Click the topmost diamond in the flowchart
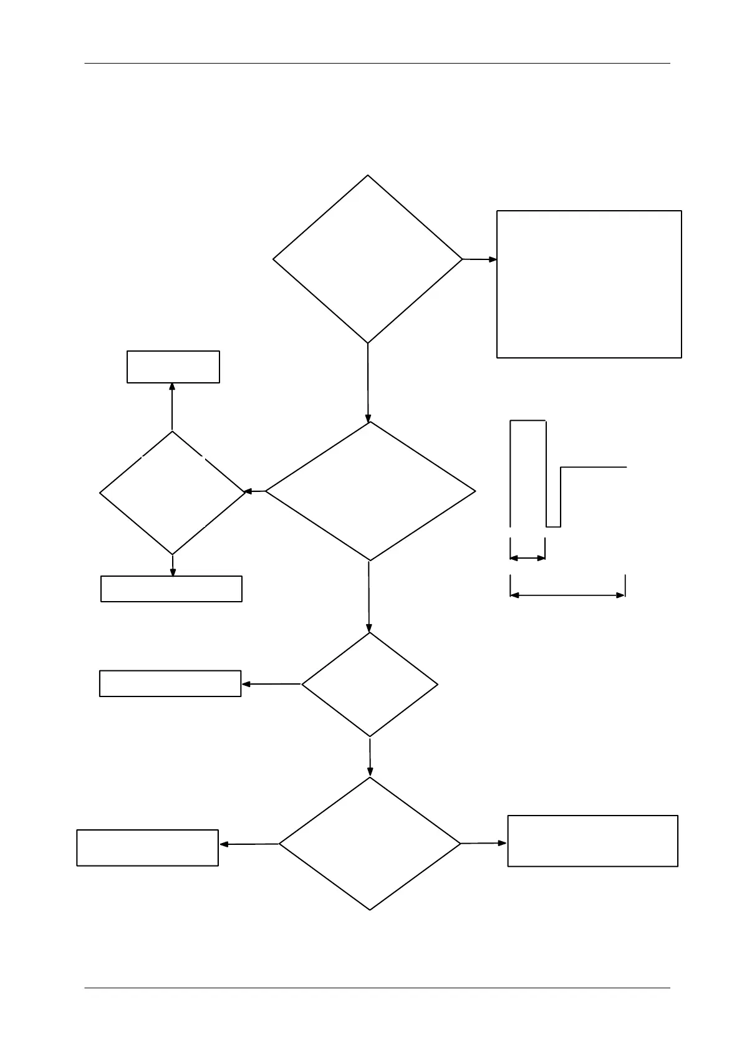point(368,259)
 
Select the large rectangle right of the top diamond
point(589,284)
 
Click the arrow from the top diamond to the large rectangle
point(479,259)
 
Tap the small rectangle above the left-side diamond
point(173,367)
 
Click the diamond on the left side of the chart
point(172,493)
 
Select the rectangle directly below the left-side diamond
point(171,589)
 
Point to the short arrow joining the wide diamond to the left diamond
point(254,491)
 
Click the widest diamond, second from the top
point(370,491)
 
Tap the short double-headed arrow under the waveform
point(528,558)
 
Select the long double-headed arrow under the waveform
point(567,595)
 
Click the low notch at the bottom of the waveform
point(554,526)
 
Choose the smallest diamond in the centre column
point(370,685)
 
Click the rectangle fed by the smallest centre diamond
point(170,683)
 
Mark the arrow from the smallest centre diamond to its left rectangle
point(271,684)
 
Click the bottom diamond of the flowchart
point(370,844)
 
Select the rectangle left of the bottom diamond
point(147,847)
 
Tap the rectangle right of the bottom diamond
point(592,840)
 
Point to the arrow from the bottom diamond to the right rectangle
point(484,843)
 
